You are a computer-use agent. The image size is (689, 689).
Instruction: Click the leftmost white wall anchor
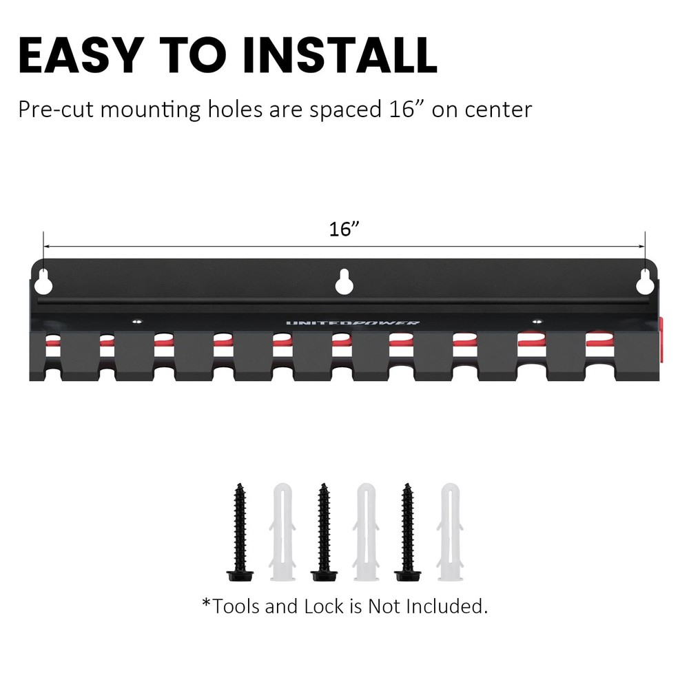tap(280, 530)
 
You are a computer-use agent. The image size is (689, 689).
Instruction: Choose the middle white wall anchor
tap(364, 530)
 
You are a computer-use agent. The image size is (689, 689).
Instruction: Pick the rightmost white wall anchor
tap(449, 530)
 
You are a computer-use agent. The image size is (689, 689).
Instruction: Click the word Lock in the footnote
tap(323, 606)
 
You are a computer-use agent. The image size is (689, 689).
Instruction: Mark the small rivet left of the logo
tap(137, 320)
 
